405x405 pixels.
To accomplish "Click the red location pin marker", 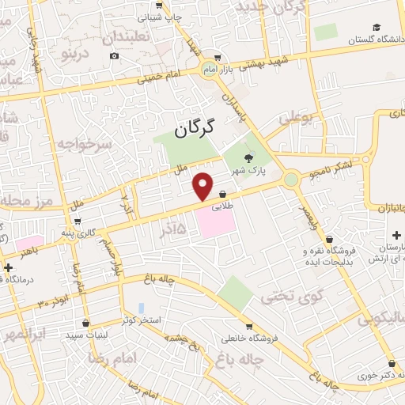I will click(203, 186).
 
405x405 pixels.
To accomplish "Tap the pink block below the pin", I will click(215, 221).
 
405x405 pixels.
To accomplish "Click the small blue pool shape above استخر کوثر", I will click(142, 307).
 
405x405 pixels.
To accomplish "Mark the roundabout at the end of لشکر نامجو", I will click(291, 180).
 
